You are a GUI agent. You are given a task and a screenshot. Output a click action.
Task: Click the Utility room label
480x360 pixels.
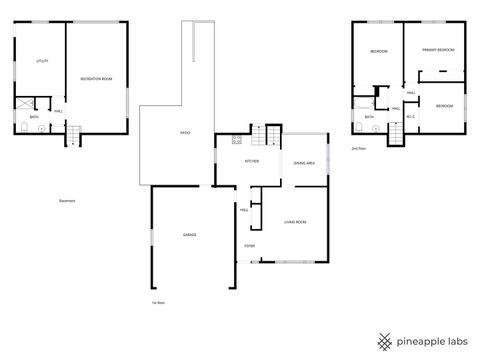[x=42, y=61]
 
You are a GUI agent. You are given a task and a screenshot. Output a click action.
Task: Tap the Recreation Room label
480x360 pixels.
[x=96, y=78]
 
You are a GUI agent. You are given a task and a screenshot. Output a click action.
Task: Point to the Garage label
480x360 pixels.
[x=189, y=235]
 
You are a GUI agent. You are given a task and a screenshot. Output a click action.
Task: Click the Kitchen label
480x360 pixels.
[x=253, y=161]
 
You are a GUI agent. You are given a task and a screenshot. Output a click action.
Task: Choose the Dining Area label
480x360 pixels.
[x=305, y=162]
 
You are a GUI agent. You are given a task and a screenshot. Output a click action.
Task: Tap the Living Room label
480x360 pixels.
[x=295, y=222]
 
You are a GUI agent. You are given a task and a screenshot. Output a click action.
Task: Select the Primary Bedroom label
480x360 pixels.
[x=438, y=49]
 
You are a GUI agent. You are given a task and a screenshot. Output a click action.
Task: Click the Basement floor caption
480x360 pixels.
[x=68, y=200]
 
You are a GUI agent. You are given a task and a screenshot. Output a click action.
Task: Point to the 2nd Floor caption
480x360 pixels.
[x=358, y=148]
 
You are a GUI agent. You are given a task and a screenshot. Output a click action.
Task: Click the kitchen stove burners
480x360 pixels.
[x=236, y=139]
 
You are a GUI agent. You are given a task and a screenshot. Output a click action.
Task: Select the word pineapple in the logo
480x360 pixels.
[x=420, y=340]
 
